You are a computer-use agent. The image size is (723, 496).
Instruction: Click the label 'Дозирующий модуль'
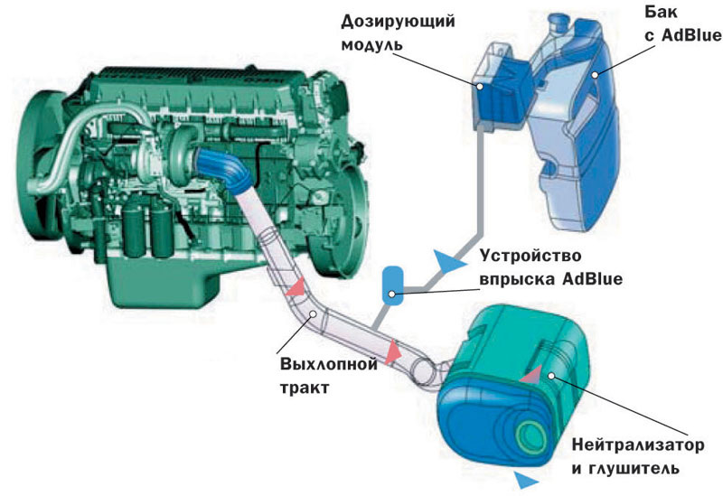pyautogui.click(x=398, y=33)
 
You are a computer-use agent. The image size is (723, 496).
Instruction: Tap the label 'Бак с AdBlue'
pyautogui.click(x=683, y=24)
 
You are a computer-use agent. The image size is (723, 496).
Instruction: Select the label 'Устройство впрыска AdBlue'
pyautogui.click(x=551, y=267)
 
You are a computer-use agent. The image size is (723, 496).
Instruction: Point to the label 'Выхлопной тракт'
pyautogui.click(x=329, y=375)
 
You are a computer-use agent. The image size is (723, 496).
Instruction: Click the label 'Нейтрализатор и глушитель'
pyautogui.click(x=638, y=457)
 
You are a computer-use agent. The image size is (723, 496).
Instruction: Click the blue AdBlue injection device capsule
pyautogui.click(x=393, y=285)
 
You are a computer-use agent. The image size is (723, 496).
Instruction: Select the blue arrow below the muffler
pyautogui.click(x=527, y=480)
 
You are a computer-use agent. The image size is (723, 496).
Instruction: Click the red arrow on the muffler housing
pyautogui.click(x=531, y=375)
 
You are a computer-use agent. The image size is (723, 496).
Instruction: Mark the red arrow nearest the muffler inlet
pyautogui.click(x=393, y=351)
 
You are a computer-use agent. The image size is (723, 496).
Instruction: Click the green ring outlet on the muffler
pyautogui.click(x=531, y=436)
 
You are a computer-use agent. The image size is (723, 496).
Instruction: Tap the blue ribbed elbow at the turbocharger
pyautogui.click(x=222, y=168)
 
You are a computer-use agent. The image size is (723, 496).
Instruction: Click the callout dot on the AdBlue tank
pyautogui.click(x=596, y=74)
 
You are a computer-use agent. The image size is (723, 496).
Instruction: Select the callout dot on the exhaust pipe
pyautogui.click(x=313, y=314)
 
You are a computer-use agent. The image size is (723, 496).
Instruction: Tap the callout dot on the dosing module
pyautogui.click(x=480, y=86)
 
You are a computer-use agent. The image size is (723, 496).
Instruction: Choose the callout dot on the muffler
pyautogui.click(x=551, y=376)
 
